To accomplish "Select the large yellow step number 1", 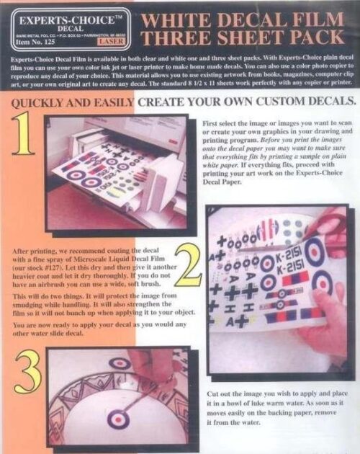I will point(24,133).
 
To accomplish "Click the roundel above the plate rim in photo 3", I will point(119,363).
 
